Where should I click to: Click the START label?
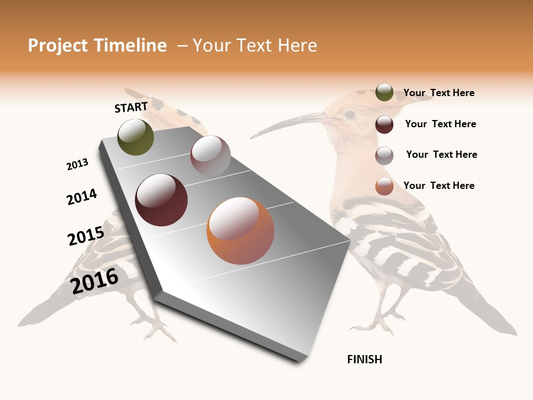pyautogui.click(x=131, y=107)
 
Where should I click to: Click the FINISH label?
pyautogui.click(x=364, y=359)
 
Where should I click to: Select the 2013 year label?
pyautogui.click(x=77, y=164)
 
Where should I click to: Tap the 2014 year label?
pyautogui.click(x=82, y=197)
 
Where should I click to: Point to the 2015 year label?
pyautogui.click(x=86, y=236)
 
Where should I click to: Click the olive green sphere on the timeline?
pyautogui.click(x=135, y=137)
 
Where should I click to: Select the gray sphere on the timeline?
pyautogui.click(x=210, y=156)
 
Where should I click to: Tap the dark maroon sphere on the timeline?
pyautogui.click(x=162, y=200)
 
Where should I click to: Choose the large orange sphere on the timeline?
pyautogui.click(x=240, y=231)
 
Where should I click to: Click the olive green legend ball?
pyautogui.click(x=384, y=92)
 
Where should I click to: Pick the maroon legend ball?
pyautogui.click(x=384, y=124)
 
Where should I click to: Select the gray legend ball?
pyautogui.click(x=384, y=156)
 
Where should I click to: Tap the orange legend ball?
pyautogui.click(x=384, y=186)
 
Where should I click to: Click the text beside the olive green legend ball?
pyautogui.click(x=439, y=93)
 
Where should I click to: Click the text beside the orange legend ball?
pyautogui.click(x=439, y=186)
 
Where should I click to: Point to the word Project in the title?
pyautogui.click(x=58, y=46)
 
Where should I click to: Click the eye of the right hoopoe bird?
pyautogui.click(x=350, y=115)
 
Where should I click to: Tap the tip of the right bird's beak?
pyautogui.click(x=252, y=137)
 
